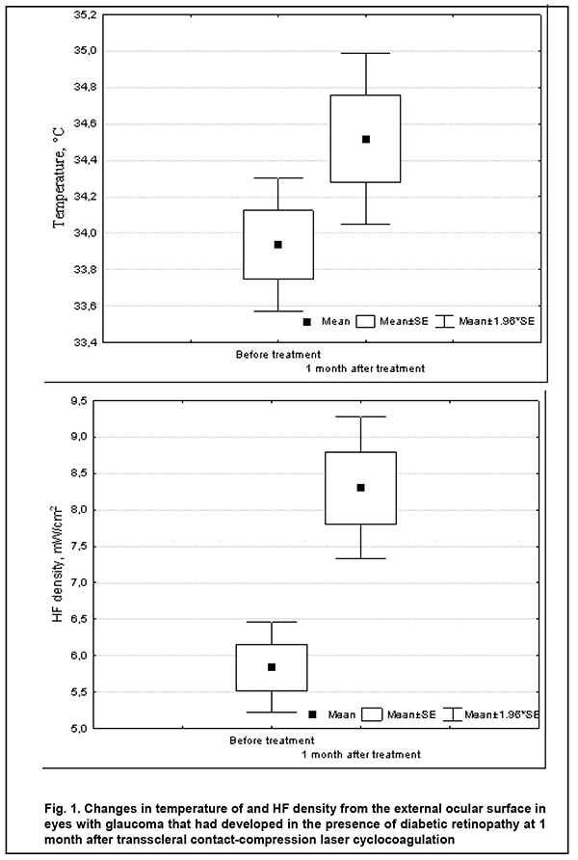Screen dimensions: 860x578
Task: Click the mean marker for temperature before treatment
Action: [x=277, y=245]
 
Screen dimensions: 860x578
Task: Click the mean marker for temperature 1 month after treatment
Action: [x=365, y=139]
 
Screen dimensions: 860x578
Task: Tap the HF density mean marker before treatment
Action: [x=272, y=667]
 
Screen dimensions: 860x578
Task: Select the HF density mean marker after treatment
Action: [x=360, y=488]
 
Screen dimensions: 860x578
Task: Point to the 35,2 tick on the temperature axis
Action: [x=84, y=14]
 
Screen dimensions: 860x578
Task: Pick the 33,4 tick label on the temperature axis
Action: [x=84, y=342]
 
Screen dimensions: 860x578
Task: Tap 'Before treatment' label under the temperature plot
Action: [x=278, y=355]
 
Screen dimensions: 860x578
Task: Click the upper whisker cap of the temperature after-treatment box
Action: [x=365, y=53]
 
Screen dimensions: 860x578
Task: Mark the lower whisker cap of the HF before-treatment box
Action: [x=272, y=712]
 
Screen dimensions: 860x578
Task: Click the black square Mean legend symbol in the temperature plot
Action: [x=307, y=322]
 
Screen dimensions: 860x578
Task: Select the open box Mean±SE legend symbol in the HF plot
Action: [x=372, y=714]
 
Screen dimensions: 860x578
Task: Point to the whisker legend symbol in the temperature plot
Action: [x=444, y=322]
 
